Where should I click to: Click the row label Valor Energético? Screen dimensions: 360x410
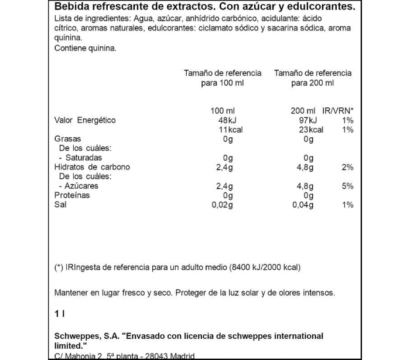coord(85,120)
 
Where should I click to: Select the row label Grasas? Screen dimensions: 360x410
coord(67,139)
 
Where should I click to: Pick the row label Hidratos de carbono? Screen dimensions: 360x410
coord(92,167)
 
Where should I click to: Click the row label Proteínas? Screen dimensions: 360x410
coord(72,195)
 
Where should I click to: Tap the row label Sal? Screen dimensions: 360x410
coord(60,205)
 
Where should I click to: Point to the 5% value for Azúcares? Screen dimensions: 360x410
coord(347,186)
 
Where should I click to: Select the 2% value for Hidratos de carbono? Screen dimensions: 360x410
coord(347,167)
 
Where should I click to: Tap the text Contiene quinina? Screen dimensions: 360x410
coord(85,49)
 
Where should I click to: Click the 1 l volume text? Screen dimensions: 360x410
coord(58,314)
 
